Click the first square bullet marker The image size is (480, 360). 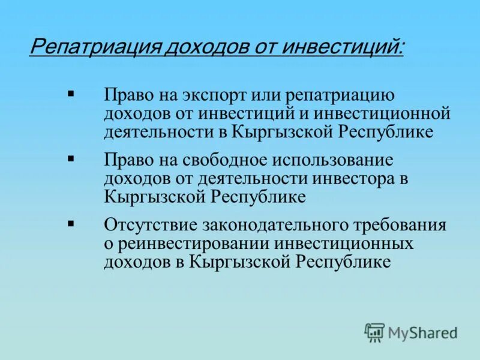[71, 94]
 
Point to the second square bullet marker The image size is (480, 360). [71, 158]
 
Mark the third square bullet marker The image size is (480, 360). [71, 223]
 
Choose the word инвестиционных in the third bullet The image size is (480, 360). [344, 243]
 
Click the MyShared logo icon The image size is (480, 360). [374, 332]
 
